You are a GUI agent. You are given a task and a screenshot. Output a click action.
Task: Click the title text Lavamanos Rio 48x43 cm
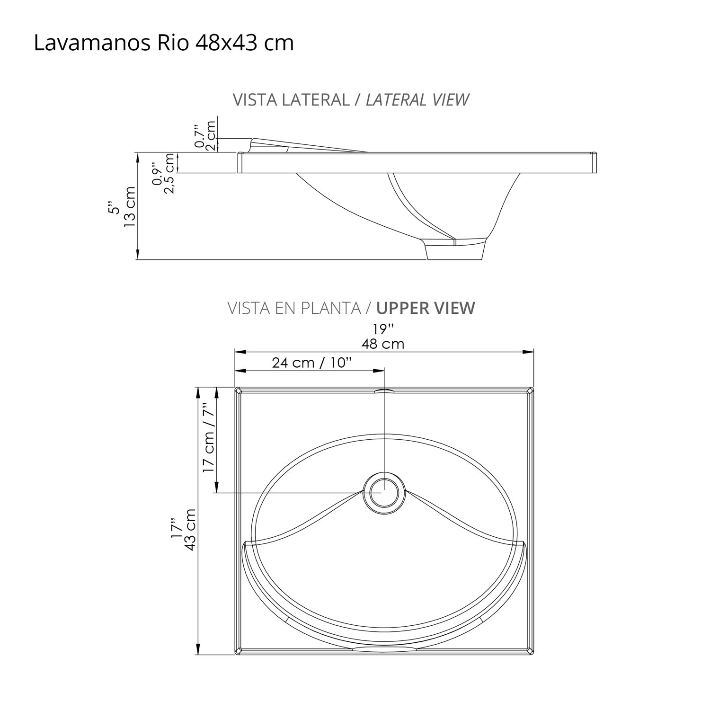point(164,43)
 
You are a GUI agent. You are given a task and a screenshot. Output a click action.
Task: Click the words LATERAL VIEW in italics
point(417,100)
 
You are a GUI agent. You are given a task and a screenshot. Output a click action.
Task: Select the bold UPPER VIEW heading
point(425,308)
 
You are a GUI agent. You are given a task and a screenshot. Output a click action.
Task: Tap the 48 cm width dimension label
point(383,344)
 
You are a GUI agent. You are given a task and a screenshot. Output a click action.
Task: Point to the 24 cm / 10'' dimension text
point(312,363)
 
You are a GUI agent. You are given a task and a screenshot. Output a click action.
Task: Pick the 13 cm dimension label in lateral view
point(129,206)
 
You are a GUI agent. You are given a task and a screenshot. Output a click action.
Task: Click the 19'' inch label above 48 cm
point(383,329)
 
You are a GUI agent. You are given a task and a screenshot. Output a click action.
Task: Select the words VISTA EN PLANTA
point(294,308)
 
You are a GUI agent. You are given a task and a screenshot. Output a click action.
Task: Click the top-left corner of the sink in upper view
point(238,390)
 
